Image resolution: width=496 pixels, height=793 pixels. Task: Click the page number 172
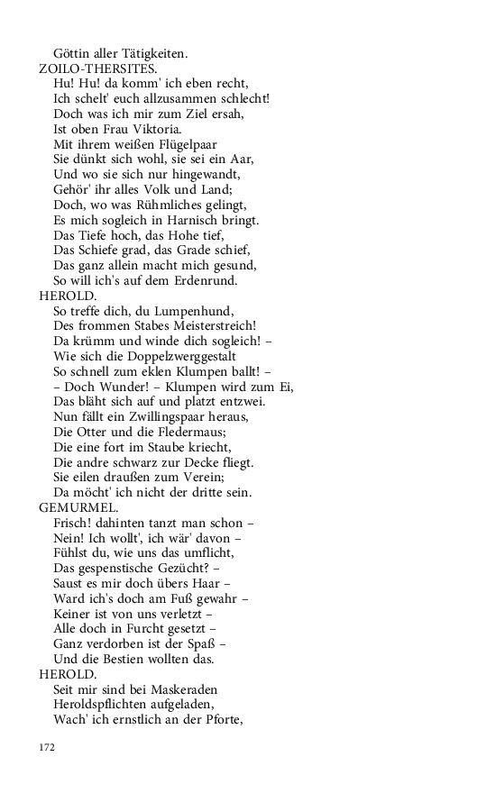[x=47, y=747]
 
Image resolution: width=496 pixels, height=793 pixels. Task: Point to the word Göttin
[x=73, y=53]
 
